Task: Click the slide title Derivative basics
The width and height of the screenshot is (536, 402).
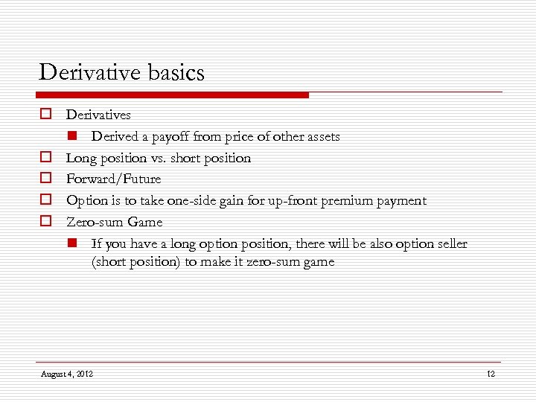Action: coord(121,73)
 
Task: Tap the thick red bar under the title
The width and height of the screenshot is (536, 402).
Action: coord(171,95)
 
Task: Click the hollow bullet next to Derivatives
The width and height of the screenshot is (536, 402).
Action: coord(45,115)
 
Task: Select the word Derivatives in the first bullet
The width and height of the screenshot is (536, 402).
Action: coord(98,115)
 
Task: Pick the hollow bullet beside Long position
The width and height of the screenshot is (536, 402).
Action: coord(45,158)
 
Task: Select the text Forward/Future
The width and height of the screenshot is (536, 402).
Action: coord(113,179)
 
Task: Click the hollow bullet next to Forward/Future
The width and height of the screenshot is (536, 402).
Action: coord(45,179)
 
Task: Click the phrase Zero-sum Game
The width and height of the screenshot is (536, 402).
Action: coord(114,222)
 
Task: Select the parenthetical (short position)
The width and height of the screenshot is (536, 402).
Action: coord(138,262)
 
